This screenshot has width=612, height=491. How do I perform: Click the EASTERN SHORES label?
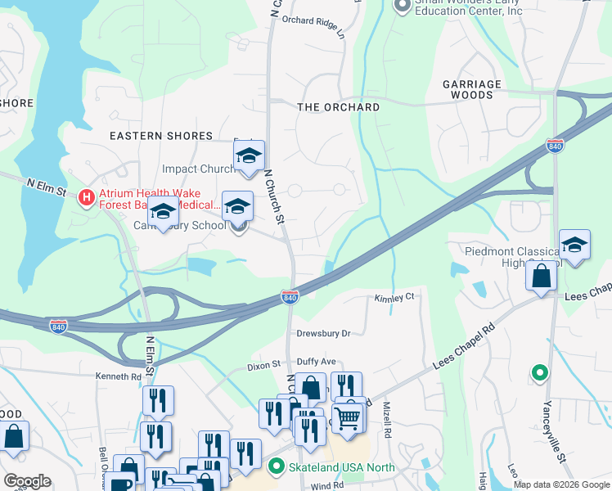[161, 136]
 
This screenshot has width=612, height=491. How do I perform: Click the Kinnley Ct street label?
[395, 297]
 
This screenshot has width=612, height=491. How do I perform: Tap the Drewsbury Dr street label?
[323, 333]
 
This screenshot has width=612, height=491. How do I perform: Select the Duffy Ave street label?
[317, 361]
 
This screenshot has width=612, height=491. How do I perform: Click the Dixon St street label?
[263, 367]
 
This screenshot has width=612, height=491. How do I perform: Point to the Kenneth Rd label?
[119, 376]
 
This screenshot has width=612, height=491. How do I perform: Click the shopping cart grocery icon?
[349, 417]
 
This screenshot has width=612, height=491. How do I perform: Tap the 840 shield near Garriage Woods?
[556, 146]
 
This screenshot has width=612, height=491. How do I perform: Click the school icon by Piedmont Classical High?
[575, 244]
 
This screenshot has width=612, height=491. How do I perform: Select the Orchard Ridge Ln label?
[314, 21]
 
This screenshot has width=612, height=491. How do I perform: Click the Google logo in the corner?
[26, 481]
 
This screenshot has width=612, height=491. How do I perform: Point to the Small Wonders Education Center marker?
[402, 7]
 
